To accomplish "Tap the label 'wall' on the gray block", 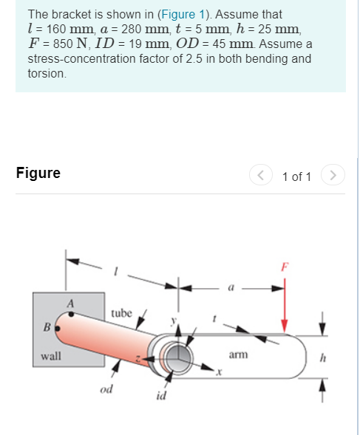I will point(50,355).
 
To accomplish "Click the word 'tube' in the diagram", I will point(122,313).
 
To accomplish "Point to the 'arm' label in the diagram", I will point(238,354).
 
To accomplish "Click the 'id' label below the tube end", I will point(161,397).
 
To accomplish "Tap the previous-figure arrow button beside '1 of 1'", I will point(260,176).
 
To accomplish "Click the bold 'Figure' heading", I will point(38,174).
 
